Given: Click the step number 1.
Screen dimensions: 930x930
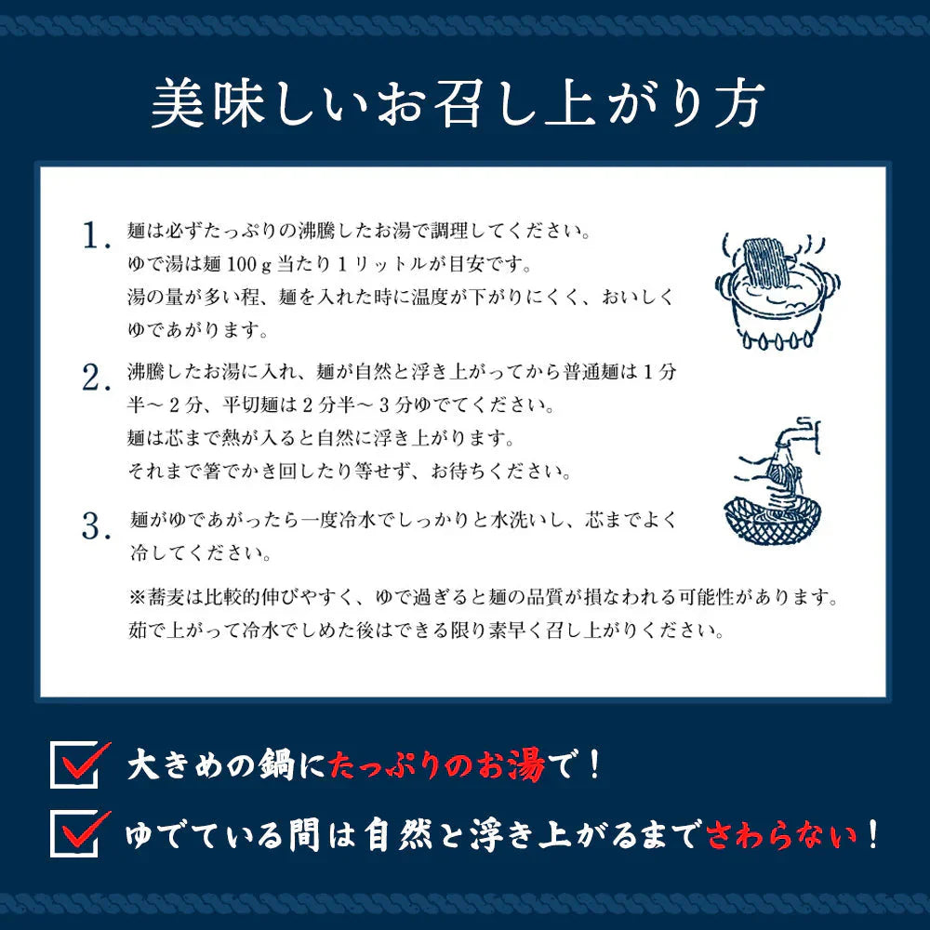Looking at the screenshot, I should click(96, 235).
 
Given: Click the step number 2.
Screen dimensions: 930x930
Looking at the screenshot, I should click(96, 379).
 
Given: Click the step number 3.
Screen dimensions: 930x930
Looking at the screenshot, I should click(96, 527).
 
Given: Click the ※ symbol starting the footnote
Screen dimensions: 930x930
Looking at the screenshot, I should click(137, 594).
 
